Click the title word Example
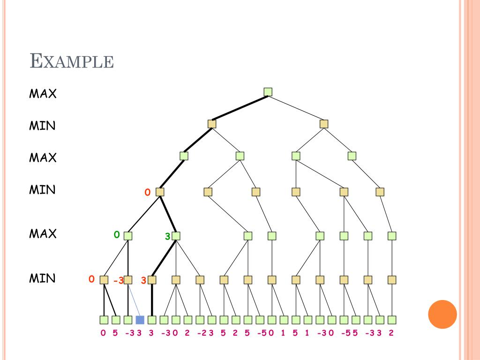(x=72, y=61)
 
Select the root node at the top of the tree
(x=268, y=92)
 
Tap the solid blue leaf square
(x=140, y=320)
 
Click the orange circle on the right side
(x=442, y=314)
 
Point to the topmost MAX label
(x=43, y=94)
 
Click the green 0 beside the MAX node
(x=117, y=234)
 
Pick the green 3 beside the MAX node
(x=167, y=237)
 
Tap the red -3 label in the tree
(x=118, y=281)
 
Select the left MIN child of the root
(x=212, y=124)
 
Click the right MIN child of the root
(x=324, y=124)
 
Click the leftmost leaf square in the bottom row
(x=104, y=320)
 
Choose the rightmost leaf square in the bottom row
(x=392, y=320)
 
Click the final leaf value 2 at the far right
(x=391, y=333)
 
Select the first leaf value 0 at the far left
(x=103, y=333)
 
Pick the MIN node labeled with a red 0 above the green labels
(x=160, y=192)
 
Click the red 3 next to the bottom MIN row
(x=144, y=280)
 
